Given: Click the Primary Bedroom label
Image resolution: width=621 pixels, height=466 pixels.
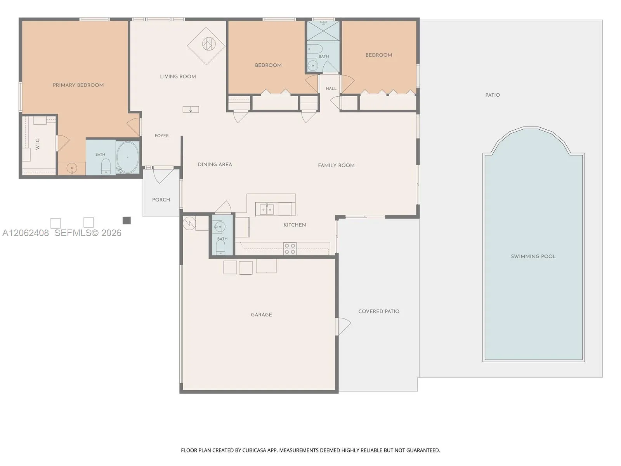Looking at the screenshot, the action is click(78, 85).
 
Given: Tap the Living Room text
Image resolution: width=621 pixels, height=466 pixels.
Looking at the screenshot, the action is click(178, 77).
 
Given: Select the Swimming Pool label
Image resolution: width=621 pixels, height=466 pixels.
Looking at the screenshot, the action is click(533, 257).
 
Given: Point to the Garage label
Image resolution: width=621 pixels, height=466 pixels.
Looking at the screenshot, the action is click(262, 315).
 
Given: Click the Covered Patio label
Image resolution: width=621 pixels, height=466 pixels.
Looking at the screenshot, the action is click(379, 311).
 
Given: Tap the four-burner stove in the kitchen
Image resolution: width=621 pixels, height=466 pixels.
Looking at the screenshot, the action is click(290, 249).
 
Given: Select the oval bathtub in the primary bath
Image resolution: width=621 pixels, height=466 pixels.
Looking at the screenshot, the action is click(128, 157).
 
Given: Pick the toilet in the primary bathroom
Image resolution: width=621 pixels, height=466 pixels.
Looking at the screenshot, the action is click(106, 166).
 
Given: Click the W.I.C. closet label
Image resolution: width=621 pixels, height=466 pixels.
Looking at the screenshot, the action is click(37, 144).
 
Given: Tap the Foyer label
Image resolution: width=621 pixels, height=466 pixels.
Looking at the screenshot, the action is click(161, 136).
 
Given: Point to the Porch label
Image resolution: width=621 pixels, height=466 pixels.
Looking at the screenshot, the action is click(161, 200).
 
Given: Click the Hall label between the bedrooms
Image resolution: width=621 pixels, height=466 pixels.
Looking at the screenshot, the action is click(331, 89).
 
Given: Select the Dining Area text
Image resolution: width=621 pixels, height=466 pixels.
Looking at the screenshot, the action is click(215, 165).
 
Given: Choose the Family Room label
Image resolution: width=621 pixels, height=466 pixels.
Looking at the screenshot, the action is click(336, 165).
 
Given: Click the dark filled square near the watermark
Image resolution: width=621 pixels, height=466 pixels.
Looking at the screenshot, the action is click(127, 221).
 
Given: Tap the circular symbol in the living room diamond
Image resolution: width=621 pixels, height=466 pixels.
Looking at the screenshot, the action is click(209, 44).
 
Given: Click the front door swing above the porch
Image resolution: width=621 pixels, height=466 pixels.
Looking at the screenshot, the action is click(163, 176).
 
